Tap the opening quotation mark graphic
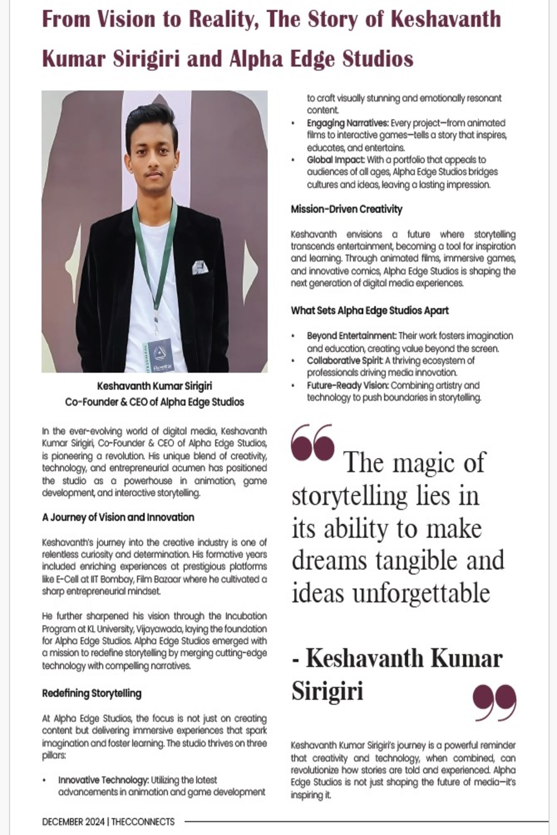tap(312, 442)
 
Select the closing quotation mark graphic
tap(495, 702)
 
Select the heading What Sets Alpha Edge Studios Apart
tap(370, 311)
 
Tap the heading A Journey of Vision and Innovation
tap(118, 517)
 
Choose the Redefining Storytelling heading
tap(91, 693)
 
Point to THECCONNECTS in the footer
tap(143, 821)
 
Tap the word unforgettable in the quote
tap(421, 593)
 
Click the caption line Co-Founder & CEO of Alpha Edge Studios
tap(154, 402)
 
